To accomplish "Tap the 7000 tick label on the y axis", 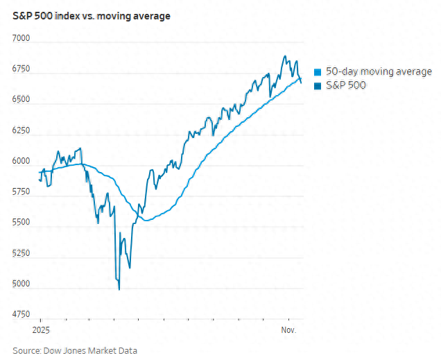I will [22, 38].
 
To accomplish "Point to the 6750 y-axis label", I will [22, 69].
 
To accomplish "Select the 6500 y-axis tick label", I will [22, 100].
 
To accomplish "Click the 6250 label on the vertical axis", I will [22, 130].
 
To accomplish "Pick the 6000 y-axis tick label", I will [22, 161].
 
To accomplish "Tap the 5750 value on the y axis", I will [22, 191].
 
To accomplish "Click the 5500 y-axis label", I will [22, 223].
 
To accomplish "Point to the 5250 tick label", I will [22, 253].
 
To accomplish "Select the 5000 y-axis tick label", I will [22, 284].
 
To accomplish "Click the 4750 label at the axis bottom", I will [22, 314].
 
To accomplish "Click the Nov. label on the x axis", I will [289, 330].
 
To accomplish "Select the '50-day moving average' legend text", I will [379, 71].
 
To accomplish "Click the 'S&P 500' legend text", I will [345, 85].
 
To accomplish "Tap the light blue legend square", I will [318, 72].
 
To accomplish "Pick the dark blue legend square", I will [318, 85].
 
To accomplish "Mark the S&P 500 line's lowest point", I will [119, 289].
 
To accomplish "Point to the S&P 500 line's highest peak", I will [284, 57].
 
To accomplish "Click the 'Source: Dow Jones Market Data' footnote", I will [75, 350].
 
